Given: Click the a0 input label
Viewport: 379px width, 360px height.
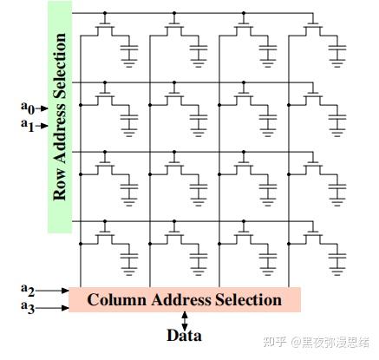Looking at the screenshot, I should tap(27, 108).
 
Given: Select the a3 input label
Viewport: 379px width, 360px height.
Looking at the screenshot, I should tap(27, 306).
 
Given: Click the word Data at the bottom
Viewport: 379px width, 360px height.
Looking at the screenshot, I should tap(185, 335).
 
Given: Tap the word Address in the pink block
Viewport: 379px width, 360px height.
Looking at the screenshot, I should tap(184, 300).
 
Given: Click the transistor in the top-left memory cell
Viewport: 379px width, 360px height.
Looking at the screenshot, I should tap(106, 29).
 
